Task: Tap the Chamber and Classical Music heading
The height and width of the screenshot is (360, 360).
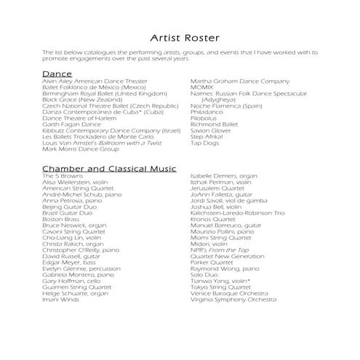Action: click(x=109, y=169)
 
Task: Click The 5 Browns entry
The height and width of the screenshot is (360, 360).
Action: click(x=62, y=176)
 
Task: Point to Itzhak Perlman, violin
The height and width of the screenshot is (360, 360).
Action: click(x=222, y=182)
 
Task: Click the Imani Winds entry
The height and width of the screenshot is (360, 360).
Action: click(x=62, y=299)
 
